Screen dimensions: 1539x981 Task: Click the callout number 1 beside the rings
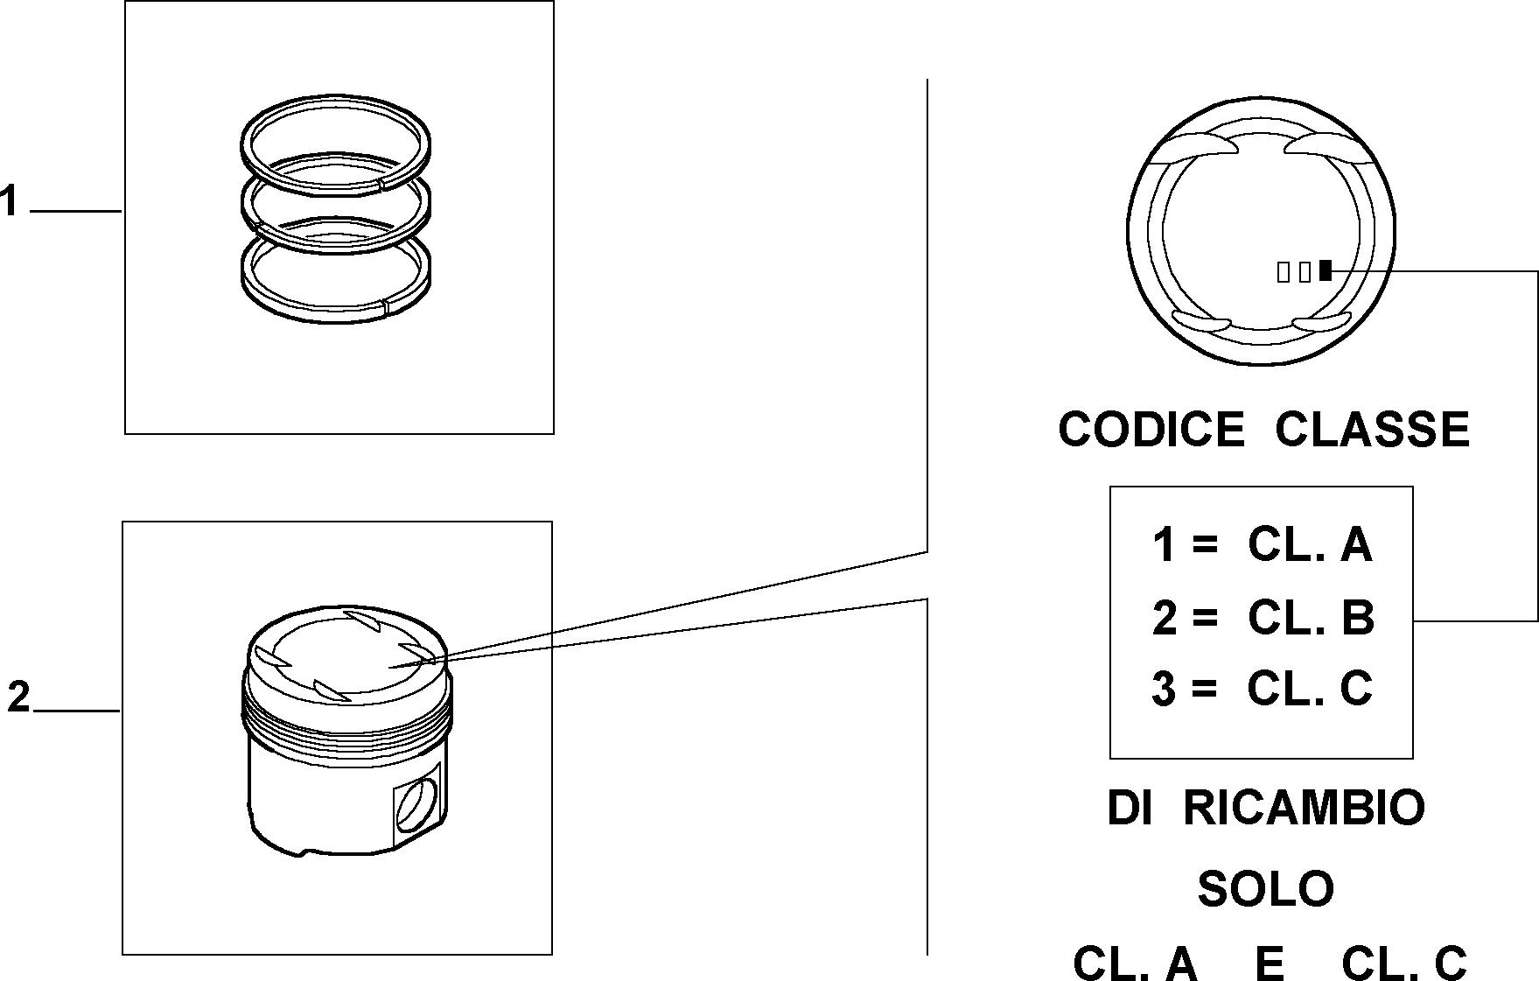(9, 201)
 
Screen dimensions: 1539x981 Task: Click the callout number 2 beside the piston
(18, 697)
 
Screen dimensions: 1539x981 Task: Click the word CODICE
(1151, 430)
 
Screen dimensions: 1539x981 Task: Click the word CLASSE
(1372, 430)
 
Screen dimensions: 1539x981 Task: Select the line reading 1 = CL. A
(1263, 544)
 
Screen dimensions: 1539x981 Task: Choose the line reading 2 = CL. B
(1263, 617)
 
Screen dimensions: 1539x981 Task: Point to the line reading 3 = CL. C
(1263, 688)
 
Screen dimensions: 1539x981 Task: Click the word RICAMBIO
(1304, 808)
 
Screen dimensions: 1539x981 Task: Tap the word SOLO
(1265, 889)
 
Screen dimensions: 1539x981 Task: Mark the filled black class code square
(1326, 271)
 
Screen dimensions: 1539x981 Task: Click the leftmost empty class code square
(1284, 272)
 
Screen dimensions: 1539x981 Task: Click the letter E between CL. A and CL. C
(1269, 963)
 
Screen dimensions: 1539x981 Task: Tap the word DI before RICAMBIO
(1128, 808)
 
